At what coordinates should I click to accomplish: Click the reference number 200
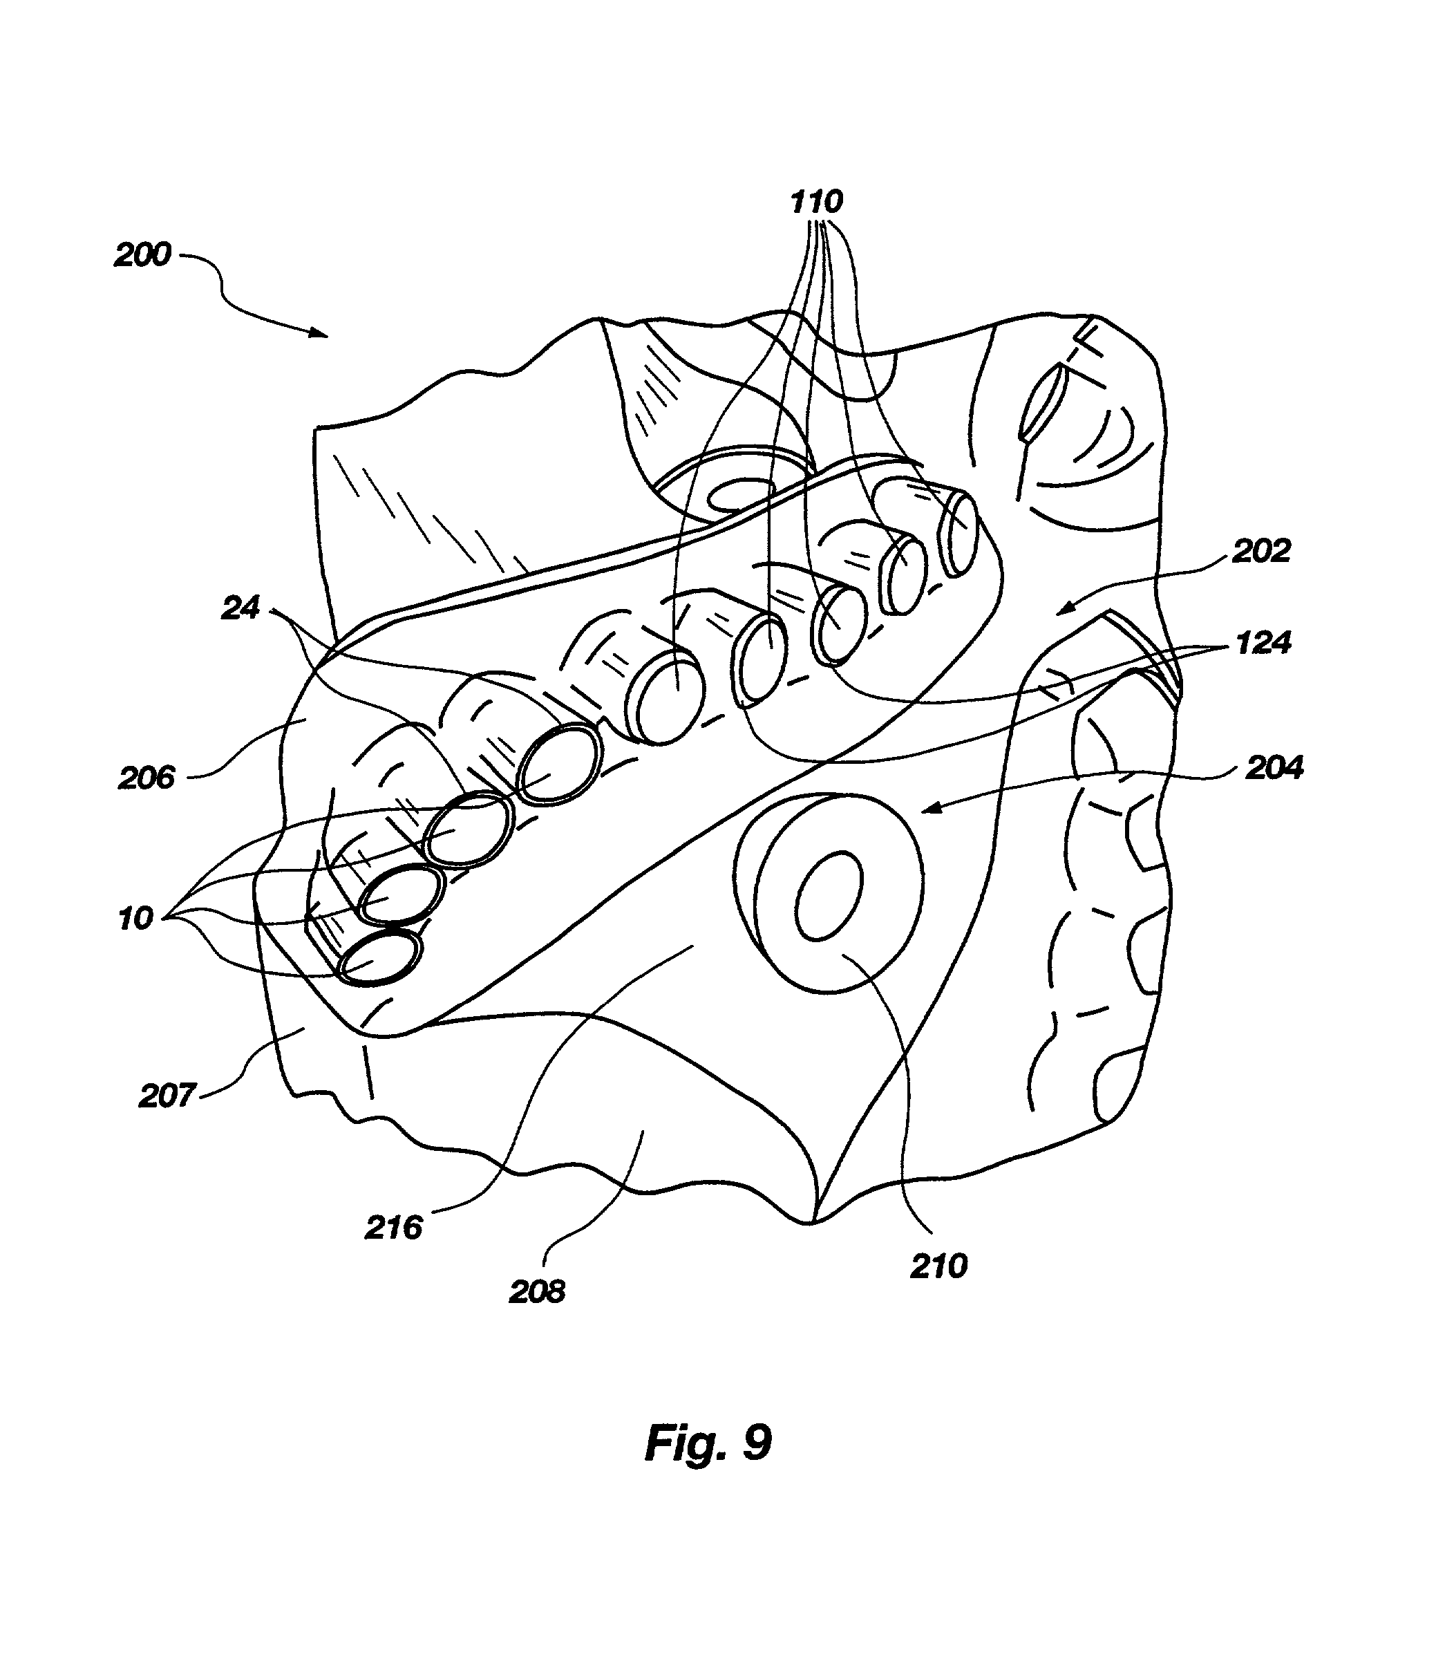pyautogui.click(x=143, y=255)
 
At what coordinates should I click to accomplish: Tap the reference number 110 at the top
pyautogui.click(x=817, y=201)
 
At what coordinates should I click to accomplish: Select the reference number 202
pyautogui.click(x=1261, y=551)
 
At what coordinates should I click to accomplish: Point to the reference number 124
pyautogui.click(x=1263, y=643)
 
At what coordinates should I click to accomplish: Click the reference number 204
pyautogui.click(x=1274, y=768)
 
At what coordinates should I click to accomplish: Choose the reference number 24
pyautogui.click(x=240, y=608)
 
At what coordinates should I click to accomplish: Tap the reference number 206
pyautogui.click(x=146, y=778)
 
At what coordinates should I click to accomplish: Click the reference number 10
pyautogui.click(x=135, y=918)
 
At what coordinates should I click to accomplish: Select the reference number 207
pyautogui.click(x=167, y=1096)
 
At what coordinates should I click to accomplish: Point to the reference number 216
pyautogui.click(x=393, y=1228)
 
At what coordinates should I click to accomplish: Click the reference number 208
pyautogui.click(x=537, y=1291)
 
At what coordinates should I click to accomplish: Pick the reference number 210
pyautogui.click(x=938, y=1266)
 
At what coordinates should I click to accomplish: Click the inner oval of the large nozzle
pyautogui.click(x=830, y=895)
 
